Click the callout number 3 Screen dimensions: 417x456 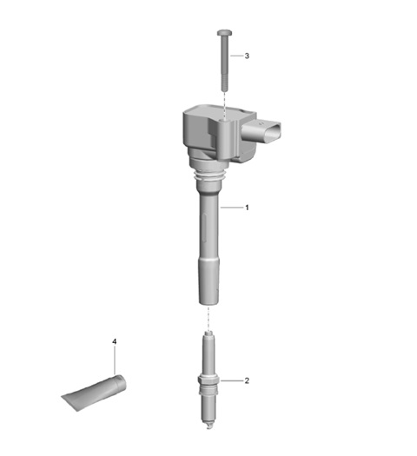click(247, 56)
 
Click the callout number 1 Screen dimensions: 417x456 click(247, 208)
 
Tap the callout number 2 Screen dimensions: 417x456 click(247, 380)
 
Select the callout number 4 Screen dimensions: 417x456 click(115, 341)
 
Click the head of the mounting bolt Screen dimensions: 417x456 click(224, 33)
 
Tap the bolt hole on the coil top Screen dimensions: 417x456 click(223, 120)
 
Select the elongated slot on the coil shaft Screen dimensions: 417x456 click(205, 228)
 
